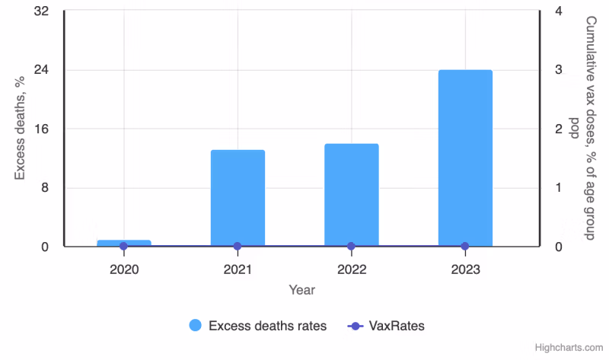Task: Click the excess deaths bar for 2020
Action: click(x=123, y=243)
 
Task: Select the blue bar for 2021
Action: click(x=238, y=198)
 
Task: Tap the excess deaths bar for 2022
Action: click(x=351, y=195)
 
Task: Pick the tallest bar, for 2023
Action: click(x=465, y=158)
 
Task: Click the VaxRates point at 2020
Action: click(x=123, y=247)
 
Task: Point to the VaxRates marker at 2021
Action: click(x=238, y=247)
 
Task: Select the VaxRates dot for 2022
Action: click(x=351, y=247)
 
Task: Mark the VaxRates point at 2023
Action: click(x=465, y=247)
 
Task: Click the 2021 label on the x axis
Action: click(x=238, y=269)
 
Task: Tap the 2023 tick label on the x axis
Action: click(x=465, y=269)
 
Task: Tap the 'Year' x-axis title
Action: click(x=301, y=290)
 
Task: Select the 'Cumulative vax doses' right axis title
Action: click(x=584, y=129)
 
